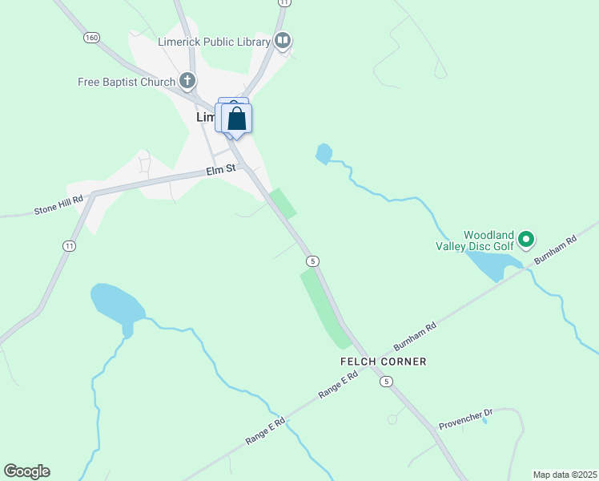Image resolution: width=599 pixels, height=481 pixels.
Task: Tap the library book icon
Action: [282, 40]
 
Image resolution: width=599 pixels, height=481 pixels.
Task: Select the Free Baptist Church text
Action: [127, 82]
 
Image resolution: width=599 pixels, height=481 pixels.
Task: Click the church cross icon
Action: [187, 80]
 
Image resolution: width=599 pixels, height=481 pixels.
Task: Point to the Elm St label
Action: [221, 169]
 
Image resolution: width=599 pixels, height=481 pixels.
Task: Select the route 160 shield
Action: [91, 38]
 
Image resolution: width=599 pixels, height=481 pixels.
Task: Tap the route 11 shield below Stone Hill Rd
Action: [70, 245]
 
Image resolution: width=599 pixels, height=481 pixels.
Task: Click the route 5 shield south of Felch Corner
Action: [387, 382]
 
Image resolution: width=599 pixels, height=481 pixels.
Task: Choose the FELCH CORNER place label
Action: [383, 362]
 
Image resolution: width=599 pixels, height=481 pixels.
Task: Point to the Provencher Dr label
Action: [465, 418]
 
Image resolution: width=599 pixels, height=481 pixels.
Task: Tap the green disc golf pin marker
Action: [526, 238]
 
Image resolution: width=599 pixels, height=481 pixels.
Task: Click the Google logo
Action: [26, 471]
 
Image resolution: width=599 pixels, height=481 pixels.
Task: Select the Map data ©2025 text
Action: [565, 475]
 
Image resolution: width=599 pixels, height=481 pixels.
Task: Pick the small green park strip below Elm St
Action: [283, 202]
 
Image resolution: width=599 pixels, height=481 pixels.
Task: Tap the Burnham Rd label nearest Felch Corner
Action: [415, 338]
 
